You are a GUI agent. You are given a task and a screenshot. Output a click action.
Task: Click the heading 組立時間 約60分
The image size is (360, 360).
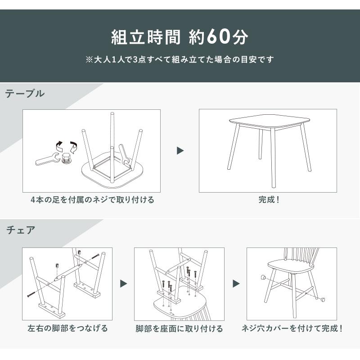click(x=180, y=37)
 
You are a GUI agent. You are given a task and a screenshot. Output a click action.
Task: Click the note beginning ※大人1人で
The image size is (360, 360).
click(x=180, y=59)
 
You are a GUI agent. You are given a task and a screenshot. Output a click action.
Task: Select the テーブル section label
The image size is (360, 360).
click(x=25, y=94)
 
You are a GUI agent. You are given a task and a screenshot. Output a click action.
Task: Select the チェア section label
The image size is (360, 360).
click(x=21, y=230)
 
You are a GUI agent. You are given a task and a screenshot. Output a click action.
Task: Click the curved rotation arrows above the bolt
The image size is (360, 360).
click(x=66, y=146)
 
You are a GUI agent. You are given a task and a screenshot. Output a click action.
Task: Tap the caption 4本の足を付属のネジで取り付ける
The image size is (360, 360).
click(x=92, y=200)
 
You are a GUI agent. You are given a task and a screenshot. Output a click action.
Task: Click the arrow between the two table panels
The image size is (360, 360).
click(x=180, y=151)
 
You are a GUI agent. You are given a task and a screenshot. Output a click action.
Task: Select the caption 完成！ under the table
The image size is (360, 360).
click(x=269, y=200)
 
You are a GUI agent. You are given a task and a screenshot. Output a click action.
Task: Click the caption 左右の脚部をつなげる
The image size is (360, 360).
click(x=68, y=328)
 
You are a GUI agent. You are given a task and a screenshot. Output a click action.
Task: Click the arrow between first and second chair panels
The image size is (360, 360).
click(x=123, y=284)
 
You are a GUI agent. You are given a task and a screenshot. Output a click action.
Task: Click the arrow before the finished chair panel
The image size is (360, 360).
click(x=236, y=284)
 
